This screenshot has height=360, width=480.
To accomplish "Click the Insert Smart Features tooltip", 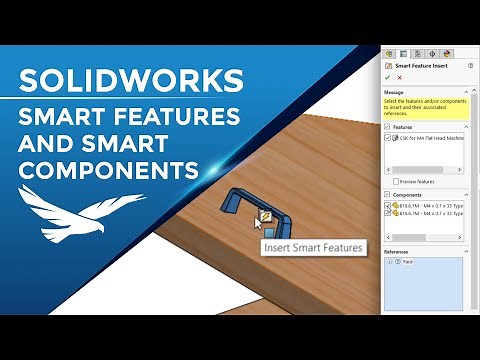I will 313,247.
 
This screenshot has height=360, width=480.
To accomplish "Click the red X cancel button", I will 399,77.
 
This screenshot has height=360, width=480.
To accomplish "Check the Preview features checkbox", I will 396,180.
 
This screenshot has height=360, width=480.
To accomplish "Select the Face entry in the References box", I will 407,262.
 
